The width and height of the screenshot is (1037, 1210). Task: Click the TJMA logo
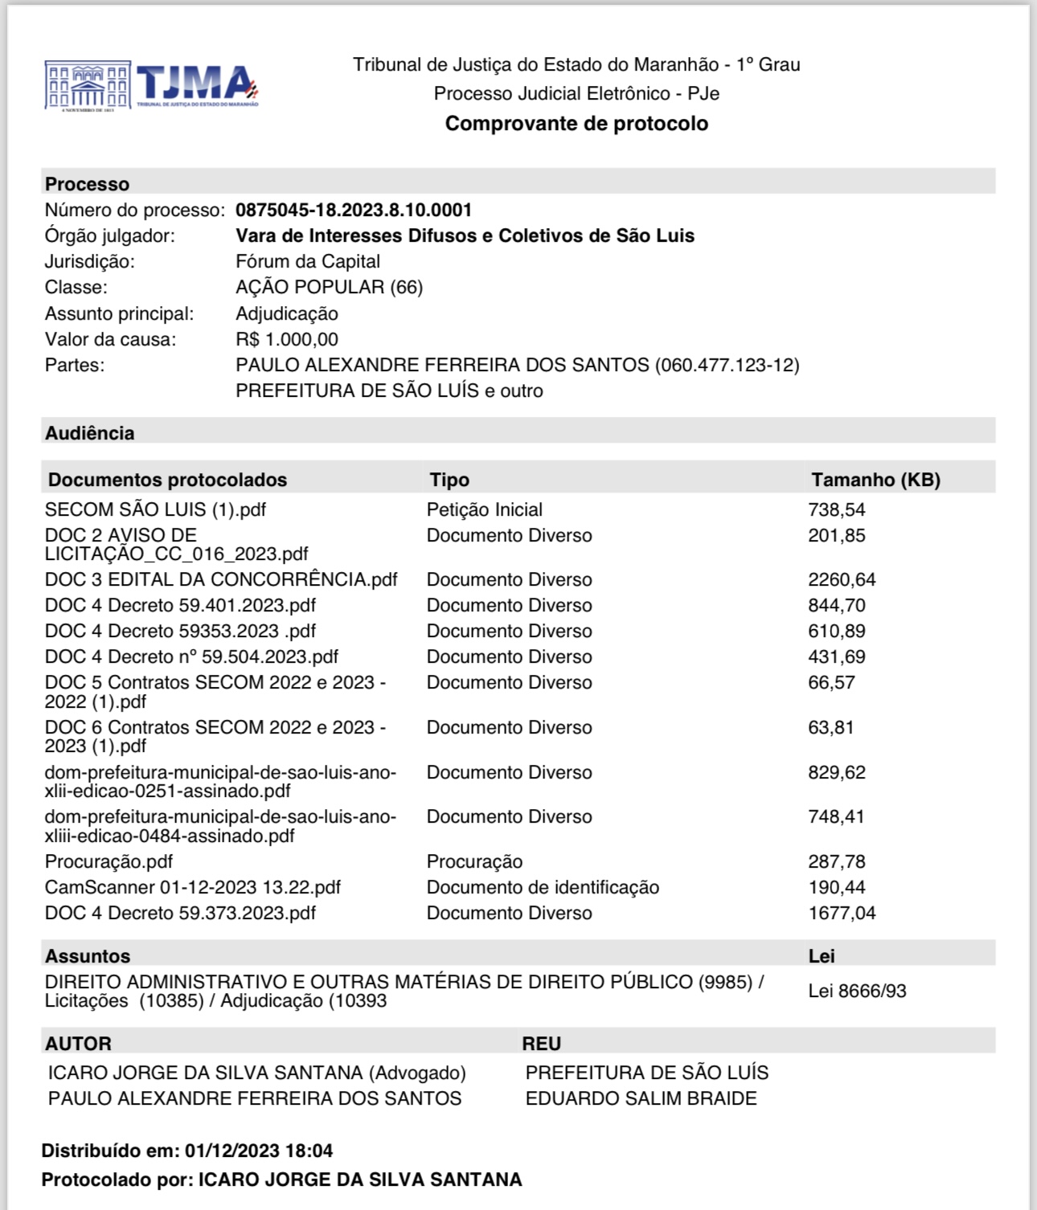[152, 85]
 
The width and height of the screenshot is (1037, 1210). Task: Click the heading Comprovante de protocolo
[576, 124]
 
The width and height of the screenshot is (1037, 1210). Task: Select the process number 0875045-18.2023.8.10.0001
[354, 211]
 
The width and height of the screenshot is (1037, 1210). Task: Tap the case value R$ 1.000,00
[287, 340]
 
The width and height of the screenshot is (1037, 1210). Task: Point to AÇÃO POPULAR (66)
[329, 288]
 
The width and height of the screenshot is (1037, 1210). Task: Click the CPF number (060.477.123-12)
[727, 366]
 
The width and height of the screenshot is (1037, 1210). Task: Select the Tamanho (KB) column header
[875, 480]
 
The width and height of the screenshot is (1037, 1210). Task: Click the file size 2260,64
[842, 580]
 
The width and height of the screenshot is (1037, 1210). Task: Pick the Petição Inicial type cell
[484, 510]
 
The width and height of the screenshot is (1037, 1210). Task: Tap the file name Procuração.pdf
[109, 862]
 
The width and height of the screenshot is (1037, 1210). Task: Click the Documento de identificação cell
[543, 888]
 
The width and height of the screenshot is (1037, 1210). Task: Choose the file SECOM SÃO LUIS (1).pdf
[155, 510]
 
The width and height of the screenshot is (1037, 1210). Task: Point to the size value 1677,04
[842, 914]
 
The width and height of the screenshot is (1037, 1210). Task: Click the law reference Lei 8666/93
[857, 991]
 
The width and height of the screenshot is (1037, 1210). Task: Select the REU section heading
[541, 1044]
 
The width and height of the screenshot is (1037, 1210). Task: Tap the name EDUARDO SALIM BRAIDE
[641, 1099]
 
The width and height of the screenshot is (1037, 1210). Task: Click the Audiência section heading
[89, 433]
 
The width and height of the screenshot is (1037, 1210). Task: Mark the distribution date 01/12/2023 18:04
[259, 1151]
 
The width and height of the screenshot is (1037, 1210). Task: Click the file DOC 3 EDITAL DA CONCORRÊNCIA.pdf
[221, 580]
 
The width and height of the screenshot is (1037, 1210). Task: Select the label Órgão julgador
[109, 236]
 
